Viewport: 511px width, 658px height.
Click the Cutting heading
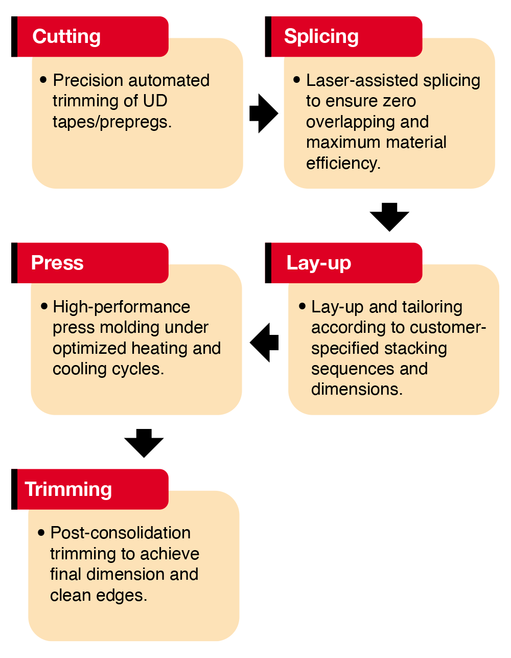(66, 36)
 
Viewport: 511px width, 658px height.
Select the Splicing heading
(321, 37)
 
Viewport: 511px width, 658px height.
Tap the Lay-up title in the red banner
(318, 263)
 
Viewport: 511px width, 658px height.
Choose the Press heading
(57, 262)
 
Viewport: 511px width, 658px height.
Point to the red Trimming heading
(68, 489)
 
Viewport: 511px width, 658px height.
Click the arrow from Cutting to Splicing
(264, 114)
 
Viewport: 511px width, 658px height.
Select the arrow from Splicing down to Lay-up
(389, 217)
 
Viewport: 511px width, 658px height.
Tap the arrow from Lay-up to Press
(264, 342)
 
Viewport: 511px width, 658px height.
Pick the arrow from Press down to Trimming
(144, 443)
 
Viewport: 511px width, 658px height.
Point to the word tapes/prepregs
(112, 122)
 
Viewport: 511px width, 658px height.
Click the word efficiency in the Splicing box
(343, 164)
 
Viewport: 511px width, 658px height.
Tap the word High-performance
(121, 307)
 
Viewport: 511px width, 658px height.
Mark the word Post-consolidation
(121, 533)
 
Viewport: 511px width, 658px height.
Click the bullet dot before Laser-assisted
(296, 80)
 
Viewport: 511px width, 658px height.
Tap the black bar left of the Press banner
(14, 263)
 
